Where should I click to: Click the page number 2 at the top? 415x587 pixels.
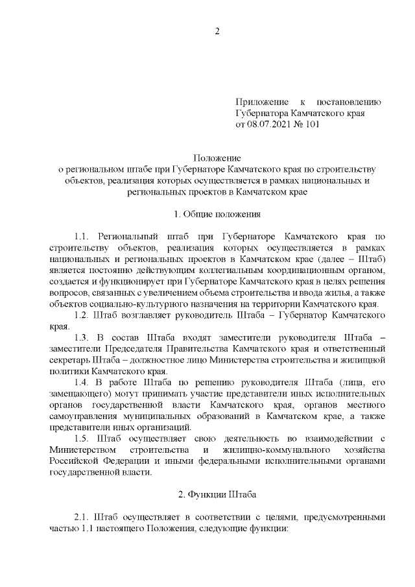[x=218, y=30]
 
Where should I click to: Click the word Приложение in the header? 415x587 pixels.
[x=262, y=102]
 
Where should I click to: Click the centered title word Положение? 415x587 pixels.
[x=217, y=158]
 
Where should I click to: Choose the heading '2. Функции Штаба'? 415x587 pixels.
[x=217, y=495]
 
